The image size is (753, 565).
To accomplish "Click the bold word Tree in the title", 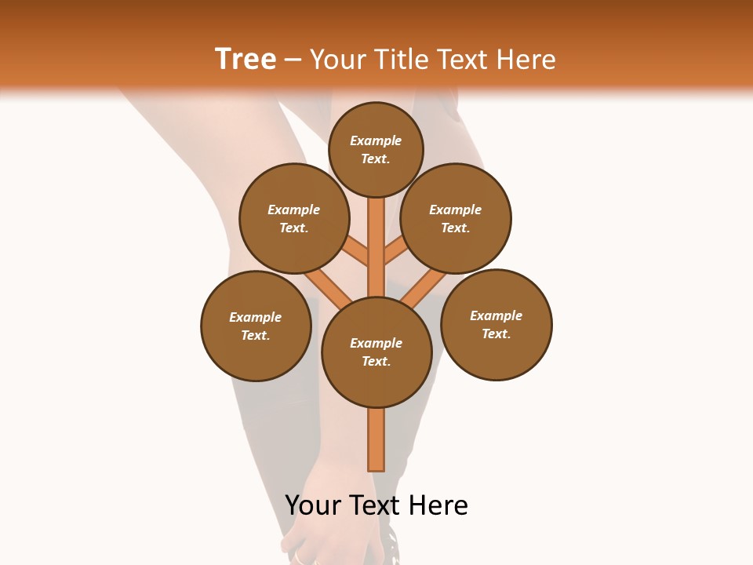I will pyautogui.click(x=246, y=59).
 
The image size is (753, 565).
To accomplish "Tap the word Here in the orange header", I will pyautogui.click(x=527, y=60).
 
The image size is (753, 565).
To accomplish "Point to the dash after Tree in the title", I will pyautogui.click(x=293, y=60).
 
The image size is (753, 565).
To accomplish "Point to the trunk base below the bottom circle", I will pyautogui.click(x=376, y=439).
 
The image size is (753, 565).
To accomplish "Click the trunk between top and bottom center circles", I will pyautogui.click(x=376, y=247).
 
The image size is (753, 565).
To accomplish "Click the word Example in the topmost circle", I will pyautogui.click(x=376, y=140).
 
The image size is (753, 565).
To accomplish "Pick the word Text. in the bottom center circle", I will pyautogui.click(x=376, y=361).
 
